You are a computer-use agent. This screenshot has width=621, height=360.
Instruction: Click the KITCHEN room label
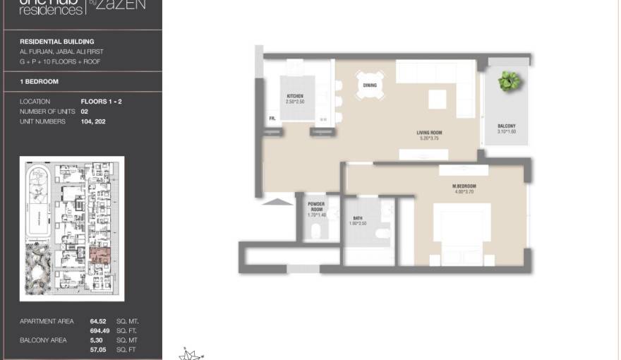tap(294, 96)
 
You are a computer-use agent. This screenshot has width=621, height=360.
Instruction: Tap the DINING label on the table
tap(370, 85)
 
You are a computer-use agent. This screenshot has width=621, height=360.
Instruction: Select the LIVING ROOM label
tap(429, 132)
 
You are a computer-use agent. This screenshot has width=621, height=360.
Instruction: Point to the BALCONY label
tap(506, 126)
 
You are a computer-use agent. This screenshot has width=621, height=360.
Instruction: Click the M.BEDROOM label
tap(464, 186)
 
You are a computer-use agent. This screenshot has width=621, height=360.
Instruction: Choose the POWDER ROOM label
tap(316, 207)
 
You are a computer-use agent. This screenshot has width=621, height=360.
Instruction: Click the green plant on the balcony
tap(507, 81)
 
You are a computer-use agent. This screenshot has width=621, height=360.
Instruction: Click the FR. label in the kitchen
tap(272, 119)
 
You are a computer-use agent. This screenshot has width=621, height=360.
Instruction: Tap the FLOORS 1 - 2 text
tap(101, 102)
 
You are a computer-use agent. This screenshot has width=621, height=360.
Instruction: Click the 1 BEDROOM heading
tap(39, 82)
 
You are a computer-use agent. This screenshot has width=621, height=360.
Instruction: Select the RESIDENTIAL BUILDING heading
tap(56, 42)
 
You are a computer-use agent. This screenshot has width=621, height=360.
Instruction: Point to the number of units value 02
tap(85, 112)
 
